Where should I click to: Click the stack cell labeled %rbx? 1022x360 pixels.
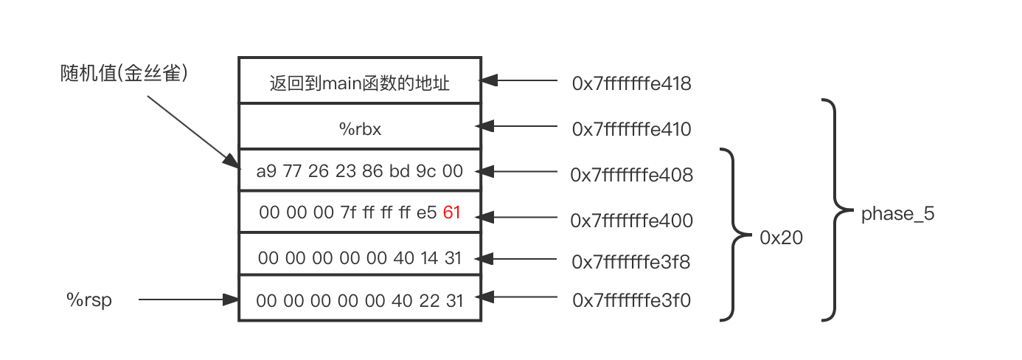tap(360, 128)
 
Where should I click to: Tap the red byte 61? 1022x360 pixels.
tap(451, 213)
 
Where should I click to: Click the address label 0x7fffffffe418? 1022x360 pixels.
tap(631, 83)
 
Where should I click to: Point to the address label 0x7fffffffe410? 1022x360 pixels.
tap(631, 129)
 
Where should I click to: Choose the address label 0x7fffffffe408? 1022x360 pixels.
tap(631, 175)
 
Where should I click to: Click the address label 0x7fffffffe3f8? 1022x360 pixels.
tap(631, 261)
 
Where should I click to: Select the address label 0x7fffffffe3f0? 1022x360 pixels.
tap(631, 300)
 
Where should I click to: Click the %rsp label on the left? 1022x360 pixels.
tap(89, 300)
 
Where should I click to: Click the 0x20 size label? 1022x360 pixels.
tap(781, 238)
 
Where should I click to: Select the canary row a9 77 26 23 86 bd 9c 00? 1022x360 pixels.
tap(360, 172)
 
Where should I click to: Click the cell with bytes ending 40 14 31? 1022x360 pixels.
tap(360, 257)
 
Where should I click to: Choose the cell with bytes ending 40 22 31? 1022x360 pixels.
tap(360, 300)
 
